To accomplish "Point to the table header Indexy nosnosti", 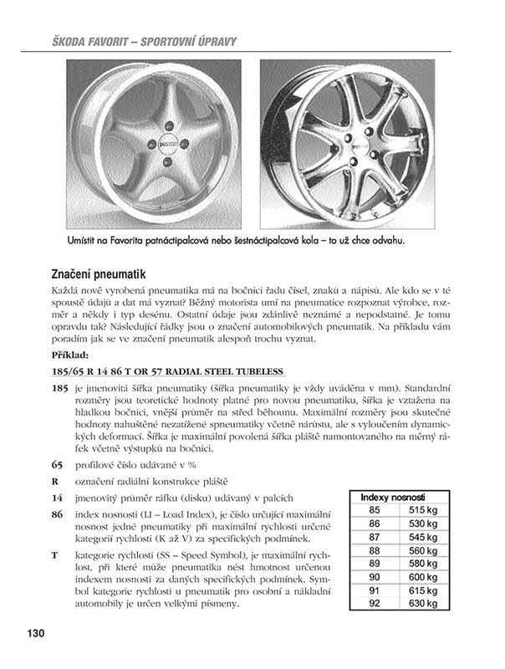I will [393, 497].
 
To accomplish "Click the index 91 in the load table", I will [374, 590].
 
